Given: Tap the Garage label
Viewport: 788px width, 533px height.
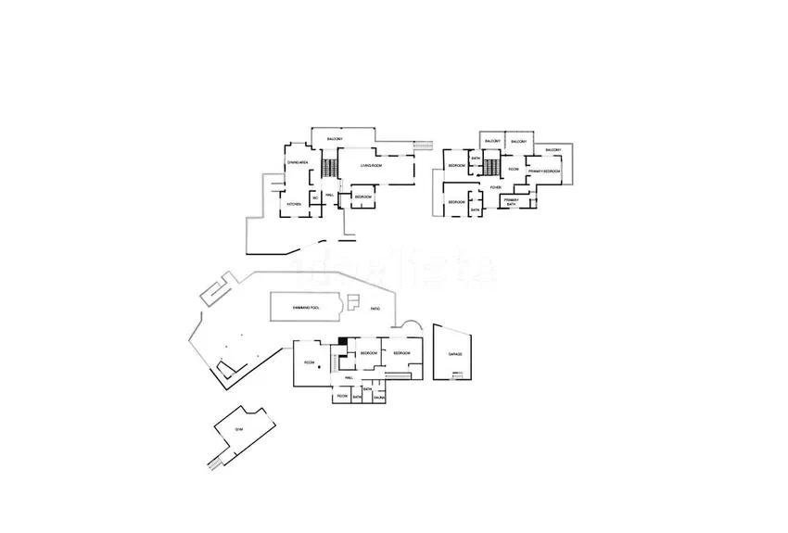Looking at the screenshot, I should tap(454, 354).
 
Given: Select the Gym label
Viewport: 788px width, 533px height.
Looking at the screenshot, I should tap(238, 429).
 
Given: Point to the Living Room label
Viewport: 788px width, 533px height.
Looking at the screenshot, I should tap(373, 165).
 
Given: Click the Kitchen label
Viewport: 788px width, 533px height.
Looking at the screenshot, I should tap(294, 204).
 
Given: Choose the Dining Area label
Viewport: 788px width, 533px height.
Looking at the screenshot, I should tap(298, 162).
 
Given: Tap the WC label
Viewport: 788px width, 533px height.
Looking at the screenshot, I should tap(315, 197).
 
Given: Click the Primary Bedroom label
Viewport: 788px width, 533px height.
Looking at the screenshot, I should tap(544, 171).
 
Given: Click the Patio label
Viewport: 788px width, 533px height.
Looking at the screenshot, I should tap(375, 308).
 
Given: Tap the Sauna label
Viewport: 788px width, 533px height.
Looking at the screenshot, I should tap(379, 398).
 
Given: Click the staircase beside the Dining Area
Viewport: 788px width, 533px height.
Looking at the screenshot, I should tap(326, 168).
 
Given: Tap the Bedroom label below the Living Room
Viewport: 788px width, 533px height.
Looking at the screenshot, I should tap(362, 197).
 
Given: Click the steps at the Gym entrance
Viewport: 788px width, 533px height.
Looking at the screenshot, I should tap(215, 461).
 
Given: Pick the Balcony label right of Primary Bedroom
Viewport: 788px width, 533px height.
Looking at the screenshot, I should tap(553, 149).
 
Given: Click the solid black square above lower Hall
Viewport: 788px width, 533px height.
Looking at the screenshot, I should tap(343, 341).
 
